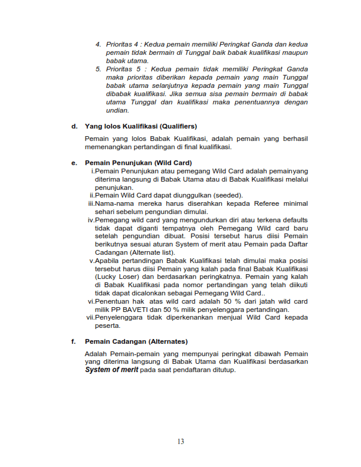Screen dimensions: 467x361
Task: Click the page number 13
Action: [x=180, y=442]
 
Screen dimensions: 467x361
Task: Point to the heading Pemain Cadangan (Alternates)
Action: [x=136, y=341]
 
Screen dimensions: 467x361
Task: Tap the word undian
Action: [x=117, y=110]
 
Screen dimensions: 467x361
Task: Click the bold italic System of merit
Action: [x=112, y=370]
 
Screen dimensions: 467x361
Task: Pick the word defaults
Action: [x=293, y=220]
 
